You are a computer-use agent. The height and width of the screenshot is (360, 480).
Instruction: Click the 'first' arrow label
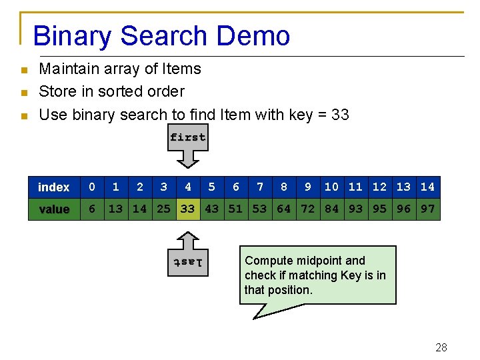pos(188,137)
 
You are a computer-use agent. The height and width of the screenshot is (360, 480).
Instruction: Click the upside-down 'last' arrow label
pos(188,262)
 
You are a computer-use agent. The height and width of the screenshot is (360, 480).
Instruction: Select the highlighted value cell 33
pos(188,209)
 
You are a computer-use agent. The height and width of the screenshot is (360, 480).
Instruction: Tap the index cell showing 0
pos(92,187)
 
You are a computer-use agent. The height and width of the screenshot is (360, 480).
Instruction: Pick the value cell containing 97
pos(428,209)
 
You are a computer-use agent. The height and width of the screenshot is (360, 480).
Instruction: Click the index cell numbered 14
pos(428,187)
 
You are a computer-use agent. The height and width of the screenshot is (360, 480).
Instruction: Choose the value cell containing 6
pos(92,209)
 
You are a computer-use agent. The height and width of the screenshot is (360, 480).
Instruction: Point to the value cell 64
pos(284,209)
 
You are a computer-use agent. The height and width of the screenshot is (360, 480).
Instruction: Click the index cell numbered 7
pos(260,187)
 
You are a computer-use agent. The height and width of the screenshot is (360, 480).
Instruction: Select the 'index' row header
pos(54,187)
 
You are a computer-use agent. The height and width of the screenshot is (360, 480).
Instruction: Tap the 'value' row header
pos(54,209)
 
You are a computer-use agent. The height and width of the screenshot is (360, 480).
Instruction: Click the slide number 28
pos(441,347)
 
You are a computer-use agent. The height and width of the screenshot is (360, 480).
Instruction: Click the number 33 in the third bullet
pos(340,115)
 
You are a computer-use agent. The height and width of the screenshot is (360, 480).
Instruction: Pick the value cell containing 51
pos(236,209)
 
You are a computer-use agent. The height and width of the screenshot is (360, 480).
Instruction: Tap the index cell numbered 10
pos(332,187)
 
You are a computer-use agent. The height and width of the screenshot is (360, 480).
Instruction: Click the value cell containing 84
pos(332,209)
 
